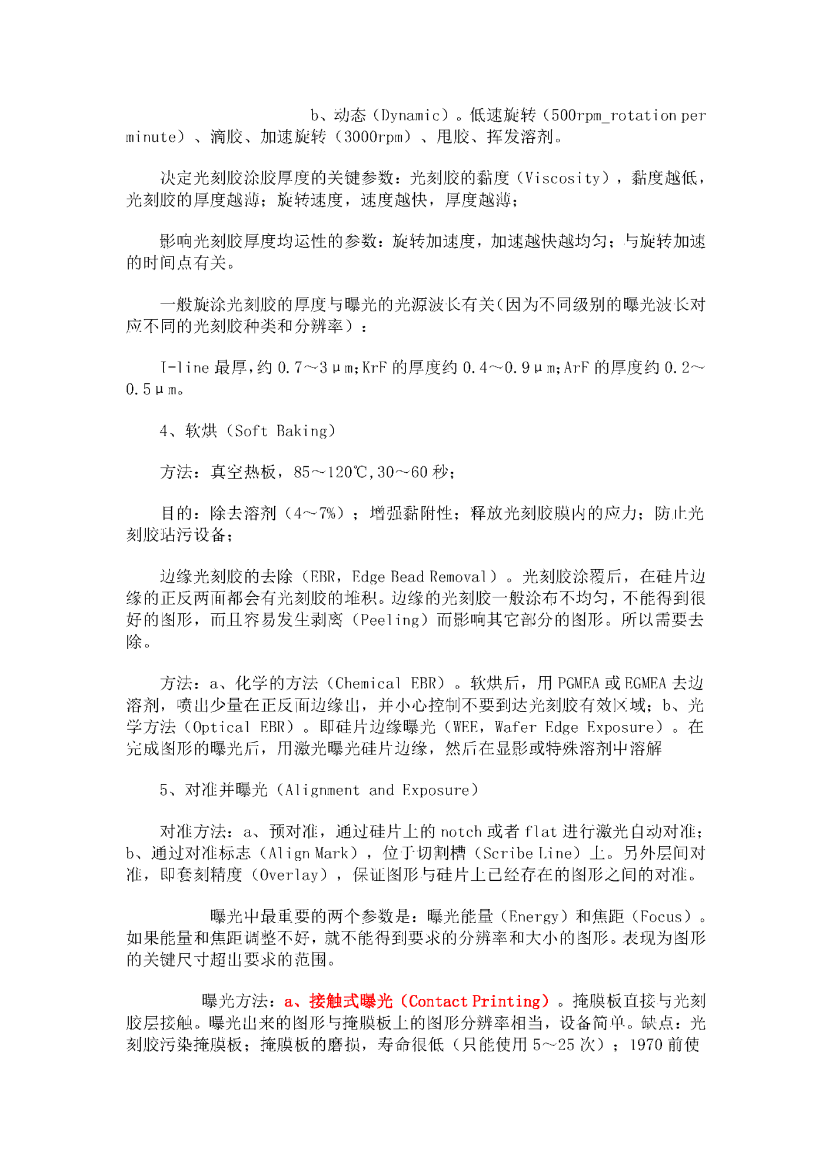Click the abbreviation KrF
coord(374,368)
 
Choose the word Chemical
coord(368,683)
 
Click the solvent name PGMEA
coord(578,683)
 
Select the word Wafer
coord(515,727)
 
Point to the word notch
coord(461,832)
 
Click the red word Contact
coord(437,1001)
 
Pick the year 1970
coord(645,1045)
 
